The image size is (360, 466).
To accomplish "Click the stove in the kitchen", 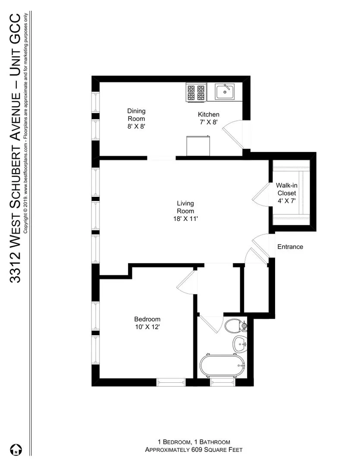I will pyautogui.click(x=196, y=92).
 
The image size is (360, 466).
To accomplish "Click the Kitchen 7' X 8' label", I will pyautogui.click(x=209, y=118).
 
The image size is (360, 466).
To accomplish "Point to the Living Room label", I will pyautogui.click(x=185, y=211).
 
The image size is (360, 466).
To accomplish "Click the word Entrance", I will pyautogui.click(x=290, y=247).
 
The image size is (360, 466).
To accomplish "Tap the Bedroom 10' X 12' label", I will pyautogui.click(x=147, y=323).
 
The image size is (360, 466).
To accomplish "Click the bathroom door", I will pyautogui.click(x=211, y=324).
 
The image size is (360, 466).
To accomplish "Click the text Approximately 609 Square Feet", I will pyautogui.click(x=193, y=450).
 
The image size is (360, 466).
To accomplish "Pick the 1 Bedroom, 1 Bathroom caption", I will pyautogui.click(x=193, y=442).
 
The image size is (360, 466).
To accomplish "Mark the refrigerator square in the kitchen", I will pyautogui.click(x=198, y=145).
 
